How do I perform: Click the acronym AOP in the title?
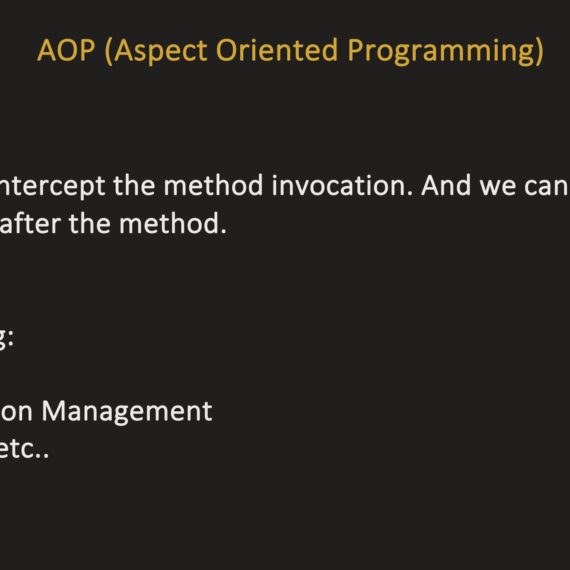pos(66,50)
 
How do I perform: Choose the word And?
pos(445,185)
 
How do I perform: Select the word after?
pos(30,224)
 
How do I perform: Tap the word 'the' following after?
pos(90,224)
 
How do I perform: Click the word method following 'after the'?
pos(172,224)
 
